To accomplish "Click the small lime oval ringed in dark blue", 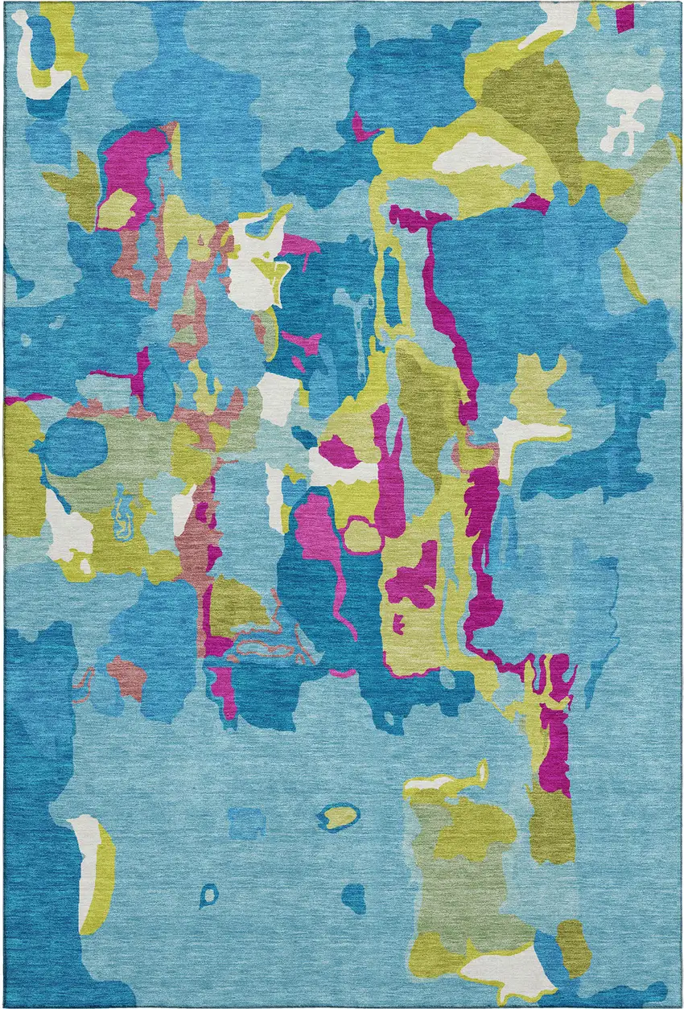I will (x=340, y=816).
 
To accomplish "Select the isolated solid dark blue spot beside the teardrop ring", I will (x=353, y=896).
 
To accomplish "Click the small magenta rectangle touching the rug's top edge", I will (x=624, y=16).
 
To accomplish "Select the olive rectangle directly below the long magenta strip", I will (x=552, y=821).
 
